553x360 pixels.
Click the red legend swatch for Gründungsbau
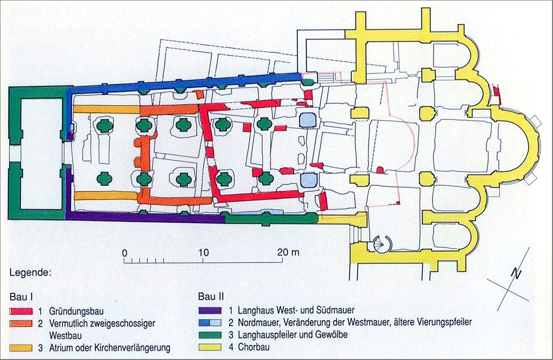[21, 311]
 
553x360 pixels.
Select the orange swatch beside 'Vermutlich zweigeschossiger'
[21, 323]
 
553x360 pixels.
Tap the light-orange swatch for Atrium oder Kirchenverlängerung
[21, 348]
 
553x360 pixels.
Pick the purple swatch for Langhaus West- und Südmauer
[210, 310]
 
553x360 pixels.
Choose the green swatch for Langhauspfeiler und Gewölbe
[210, 335]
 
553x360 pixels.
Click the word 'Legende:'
[30, 273]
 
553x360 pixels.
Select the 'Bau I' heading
[21, 297]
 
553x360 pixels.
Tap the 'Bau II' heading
[211, 296]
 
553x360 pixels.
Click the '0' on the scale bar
[125, 253]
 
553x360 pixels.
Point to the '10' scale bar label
[203, 253]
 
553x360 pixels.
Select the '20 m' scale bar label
[288, 252]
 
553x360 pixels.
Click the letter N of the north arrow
[516, 274]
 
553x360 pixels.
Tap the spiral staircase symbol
[382, 245]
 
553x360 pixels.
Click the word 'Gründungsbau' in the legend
[76, 311]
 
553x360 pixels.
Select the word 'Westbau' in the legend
[65, 336]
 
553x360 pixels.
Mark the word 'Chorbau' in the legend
[253, 347]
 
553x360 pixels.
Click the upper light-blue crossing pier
[308, 120]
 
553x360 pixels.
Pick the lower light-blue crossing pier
[308, 180]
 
